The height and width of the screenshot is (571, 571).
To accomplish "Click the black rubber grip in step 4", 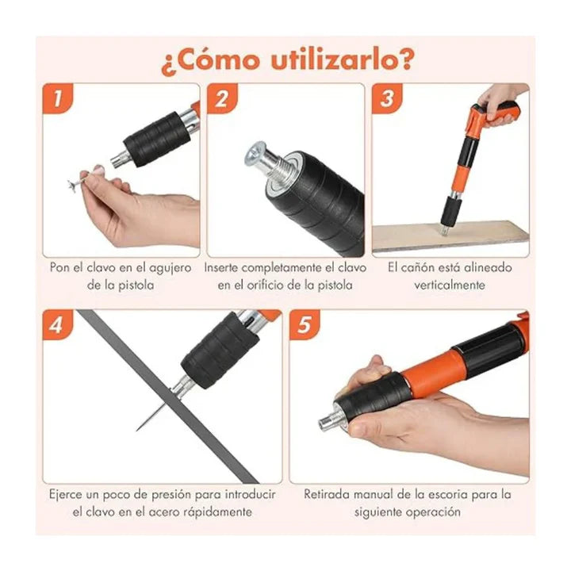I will pos(220,349).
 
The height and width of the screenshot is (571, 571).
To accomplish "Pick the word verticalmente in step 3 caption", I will pos(450,285).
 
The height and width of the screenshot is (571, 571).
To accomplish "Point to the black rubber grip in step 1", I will pos(153,139).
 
